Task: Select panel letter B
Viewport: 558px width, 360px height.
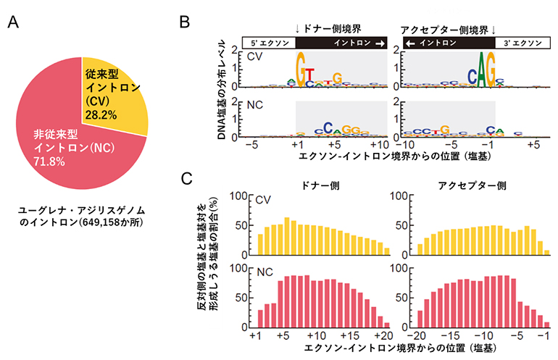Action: [185, 22]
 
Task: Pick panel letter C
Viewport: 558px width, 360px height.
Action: [186, 179]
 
